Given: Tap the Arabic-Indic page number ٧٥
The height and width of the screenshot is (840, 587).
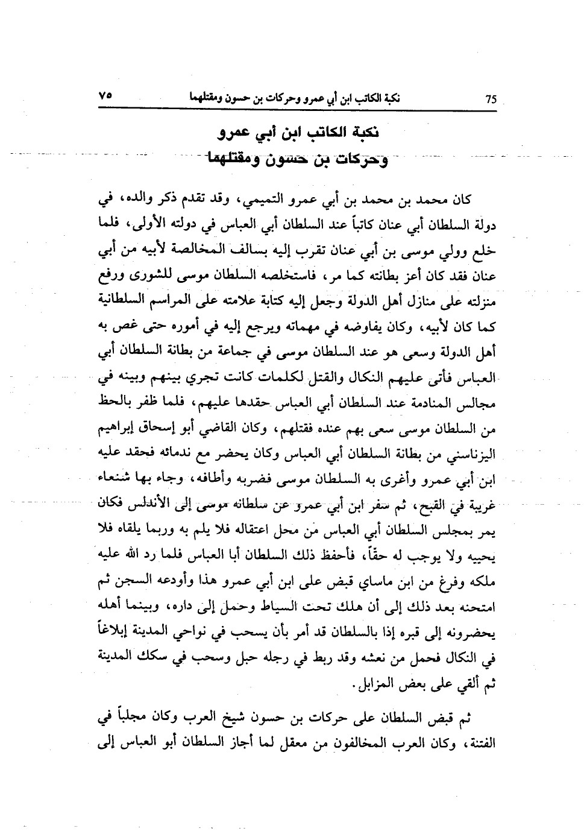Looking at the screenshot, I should click(106, 97).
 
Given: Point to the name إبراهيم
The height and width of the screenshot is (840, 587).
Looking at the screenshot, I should click(120, 429).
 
